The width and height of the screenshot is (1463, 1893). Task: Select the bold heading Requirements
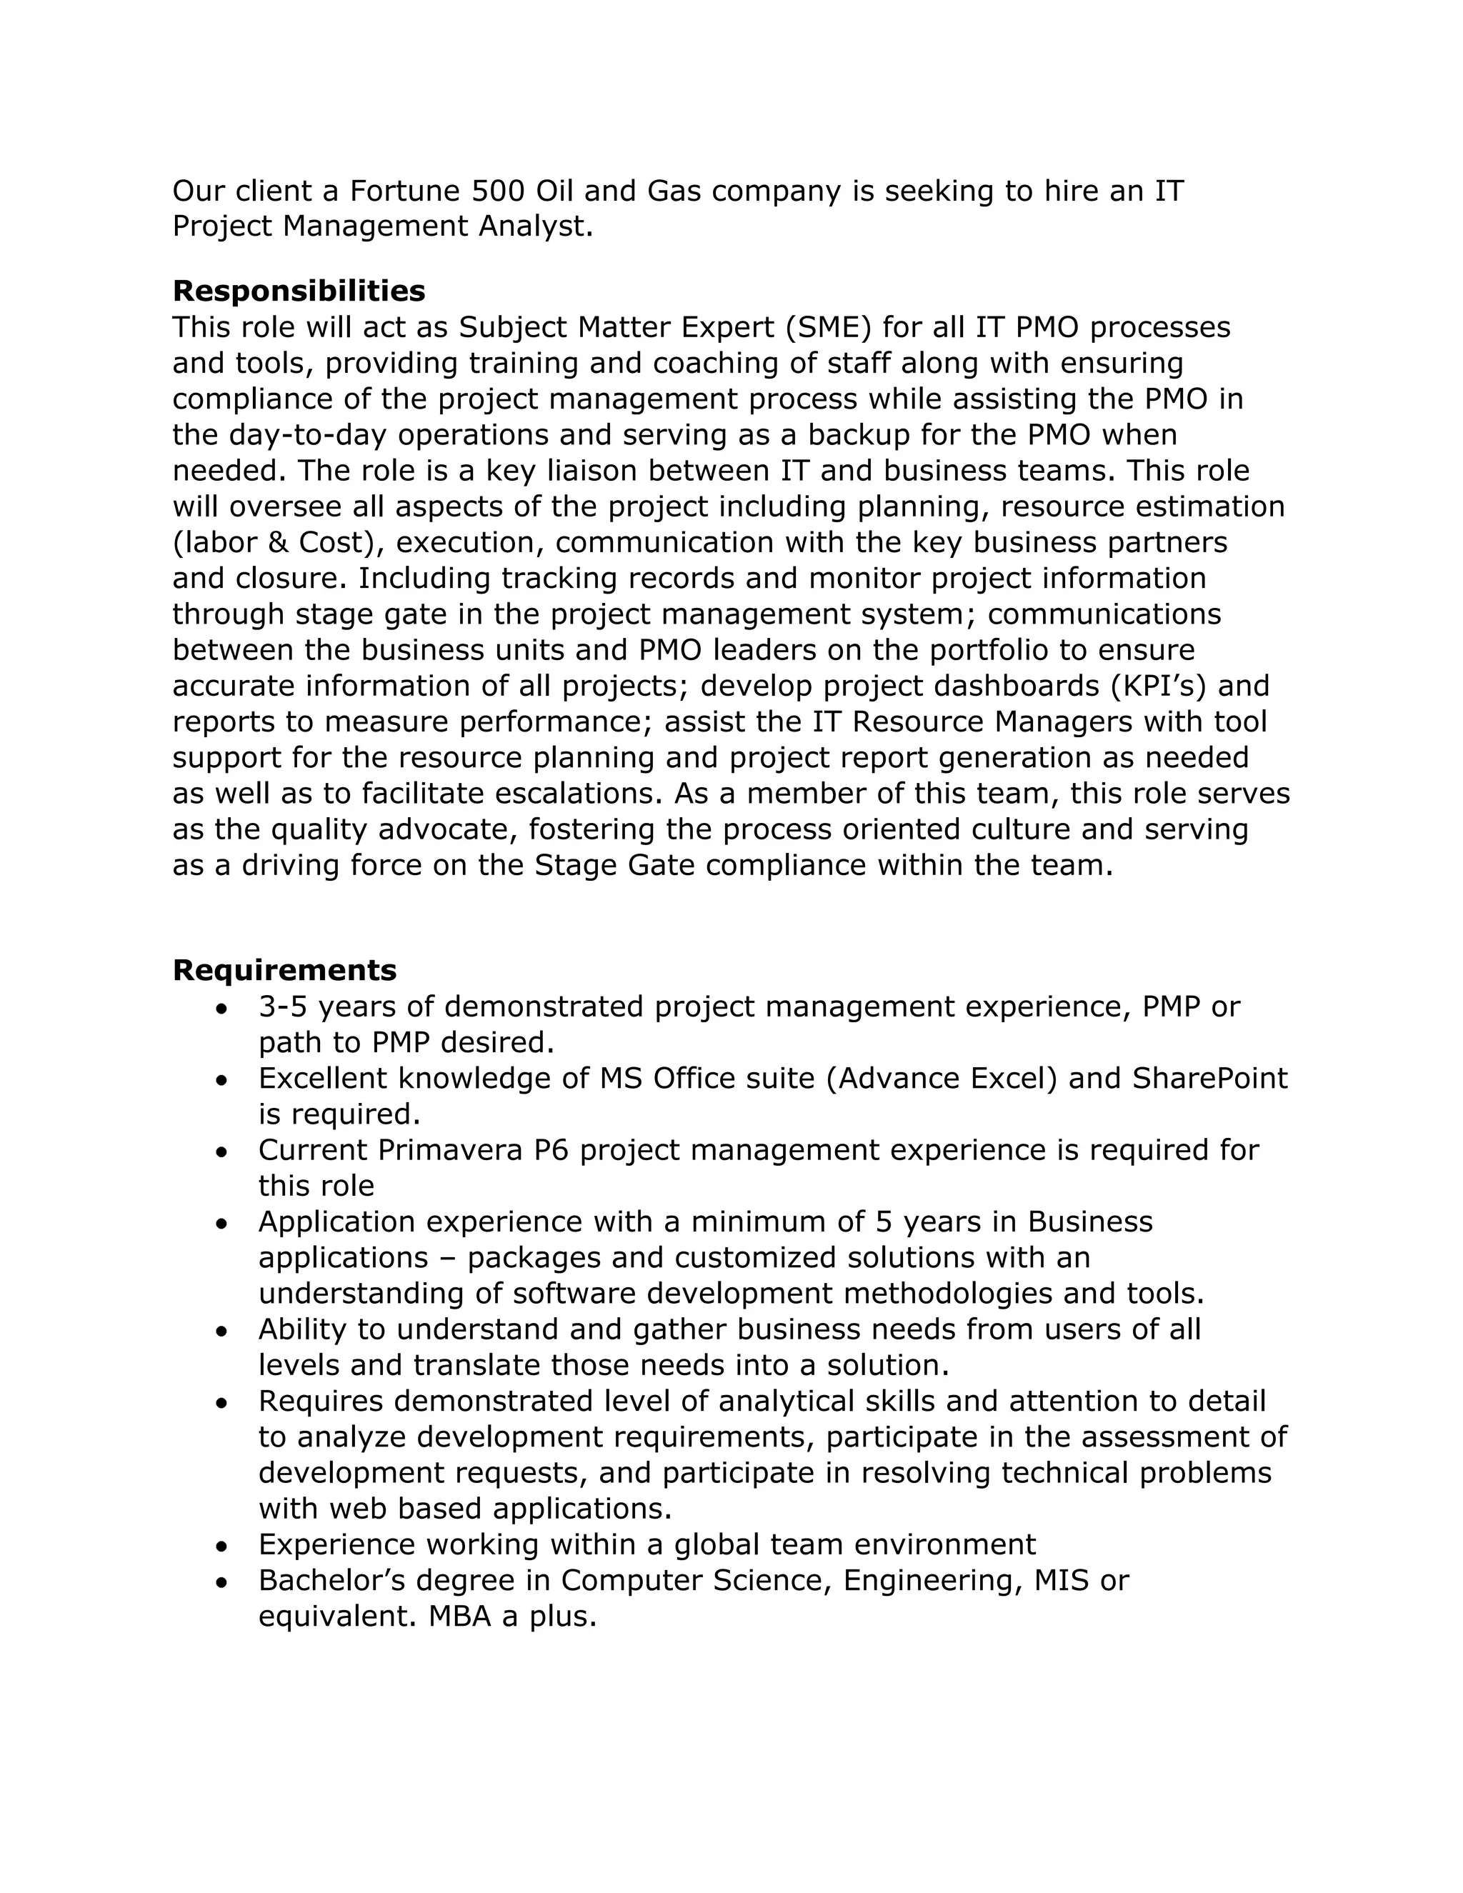[284, 970]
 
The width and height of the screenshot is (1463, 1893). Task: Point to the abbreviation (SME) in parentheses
[833, 328]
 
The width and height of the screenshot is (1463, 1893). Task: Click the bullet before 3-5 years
[223, 1009]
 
